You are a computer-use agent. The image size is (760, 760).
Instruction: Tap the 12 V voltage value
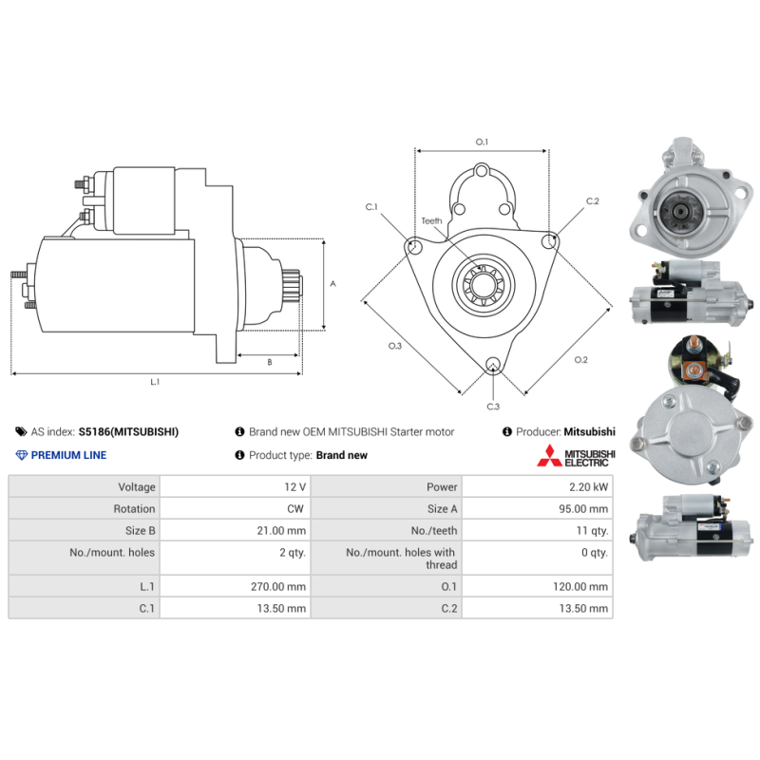coord(294,487)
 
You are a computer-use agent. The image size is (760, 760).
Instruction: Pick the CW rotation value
coord(296,509)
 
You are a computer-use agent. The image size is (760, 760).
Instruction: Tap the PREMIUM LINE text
coord(68,455)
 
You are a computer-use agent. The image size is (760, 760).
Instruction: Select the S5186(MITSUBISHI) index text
coord(128,431)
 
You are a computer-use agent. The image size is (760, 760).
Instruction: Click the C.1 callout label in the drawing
coord(371,206)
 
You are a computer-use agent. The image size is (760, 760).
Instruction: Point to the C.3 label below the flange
coord(493,407)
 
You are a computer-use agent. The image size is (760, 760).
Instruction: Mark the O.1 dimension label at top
coord(482,142)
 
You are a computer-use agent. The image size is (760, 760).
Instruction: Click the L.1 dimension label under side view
coord(155,382)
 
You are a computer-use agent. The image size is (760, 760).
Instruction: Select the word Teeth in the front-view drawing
coord(431,221)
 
